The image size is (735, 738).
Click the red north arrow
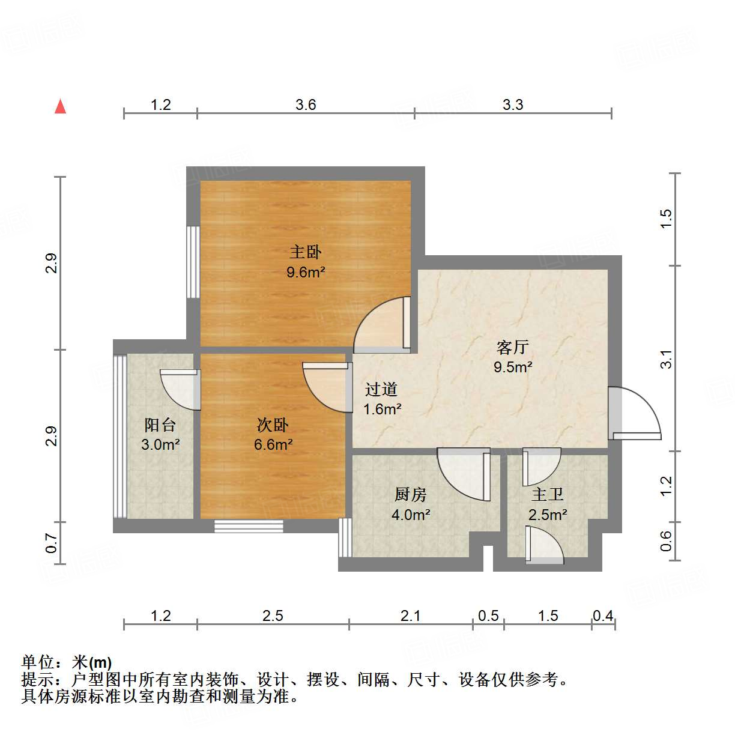tap(60, 106)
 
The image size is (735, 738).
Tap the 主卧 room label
tap(306, 252)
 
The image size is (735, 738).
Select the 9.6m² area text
tap(306, 273)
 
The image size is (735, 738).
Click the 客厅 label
tap(512, 347)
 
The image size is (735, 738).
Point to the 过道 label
tap(381, 390)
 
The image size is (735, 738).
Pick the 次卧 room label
tap(273, 425)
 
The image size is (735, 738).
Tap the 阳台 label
tap(160, 425)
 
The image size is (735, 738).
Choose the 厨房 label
tap(411, 495)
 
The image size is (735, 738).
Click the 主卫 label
tap(547, 495)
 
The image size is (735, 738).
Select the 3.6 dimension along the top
tap(306, 105)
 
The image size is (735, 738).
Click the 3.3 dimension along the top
tap(513, 105)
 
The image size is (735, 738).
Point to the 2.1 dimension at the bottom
tap(411, 616)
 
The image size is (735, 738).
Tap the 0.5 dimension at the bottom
tap(488, 616)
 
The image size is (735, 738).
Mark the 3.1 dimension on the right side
tap(666, 359)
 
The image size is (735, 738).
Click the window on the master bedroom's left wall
tap(193, 262)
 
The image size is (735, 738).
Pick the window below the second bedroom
tap(249, 526)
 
